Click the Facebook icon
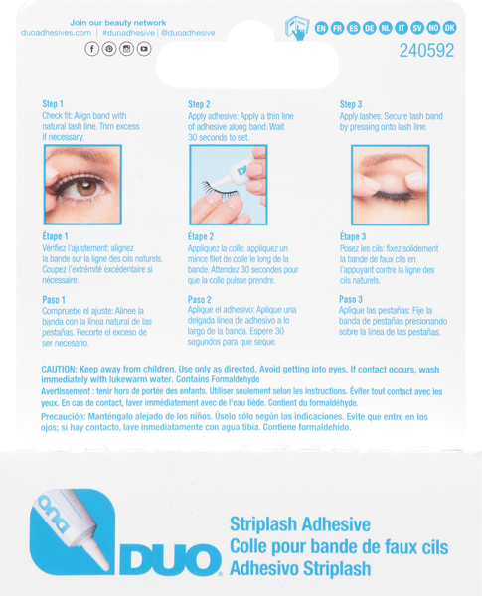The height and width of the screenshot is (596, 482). pyautogui.click(x=91, y=49)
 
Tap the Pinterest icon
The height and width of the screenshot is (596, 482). pyautogui.click(x=109, y=49)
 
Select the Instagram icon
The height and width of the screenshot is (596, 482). pyautogui.click(x=126, y=49)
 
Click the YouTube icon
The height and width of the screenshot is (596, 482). pyautogui.click(x=144, y=49)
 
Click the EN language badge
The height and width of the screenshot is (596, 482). pyautogui.click(x=321, y=28)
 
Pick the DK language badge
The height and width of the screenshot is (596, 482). pyautogui.click(x=449, y=28)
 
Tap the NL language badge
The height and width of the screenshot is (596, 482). pyautogui.click(x=386, y=28)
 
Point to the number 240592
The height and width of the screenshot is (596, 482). pyautogui.click(x=426, y=51)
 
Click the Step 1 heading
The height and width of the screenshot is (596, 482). pyautogui.click(x=53, y=104)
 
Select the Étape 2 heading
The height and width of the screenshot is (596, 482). pyautogui.click(x=201, y=236)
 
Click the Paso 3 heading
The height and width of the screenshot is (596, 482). pyautogui.click(x=351, y=300)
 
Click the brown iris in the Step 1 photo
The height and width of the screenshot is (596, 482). pyautogui.click(x=86, y=187)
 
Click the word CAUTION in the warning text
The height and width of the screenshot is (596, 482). pyautogui.click(x=59, y=370)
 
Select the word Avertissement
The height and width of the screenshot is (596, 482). pyautogui.click(x=66, y=391)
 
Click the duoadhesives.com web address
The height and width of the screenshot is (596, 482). pyautogui.click(x=57, y=33)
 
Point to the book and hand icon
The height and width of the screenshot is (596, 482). pyautogui.click(x=297, y=28)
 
